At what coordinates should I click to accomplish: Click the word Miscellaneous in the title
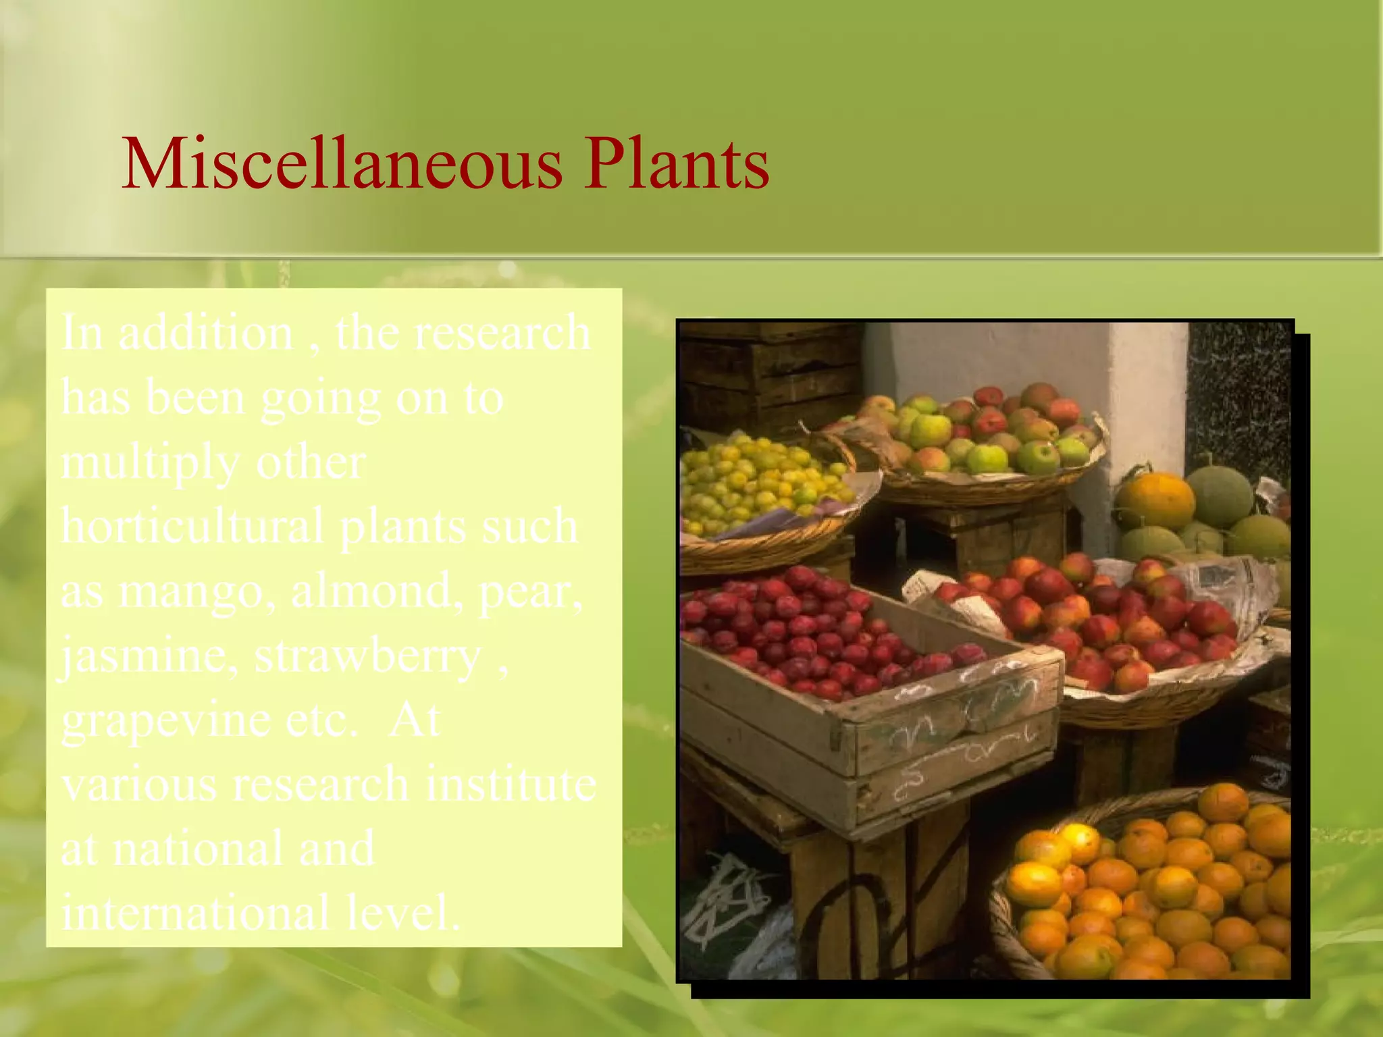(x=341, y=164)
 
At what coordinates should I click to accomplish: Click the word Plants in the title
(x=676, y=164)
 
